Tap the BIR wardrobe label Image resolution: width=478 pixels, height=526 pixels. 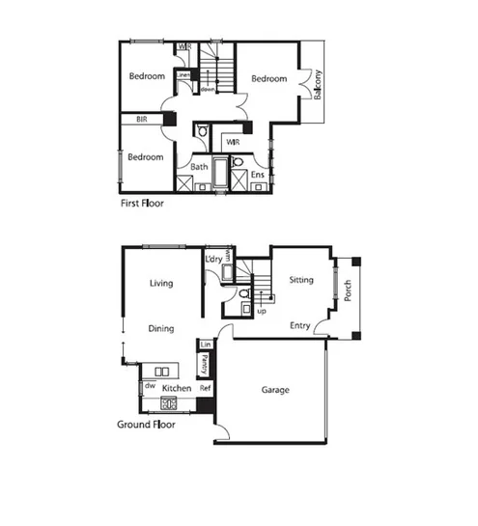pos(141,120)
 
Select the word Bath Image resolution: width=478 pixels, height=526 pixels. pos(199,167)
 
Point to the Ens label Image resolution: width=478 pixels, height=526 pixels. pos(258,175)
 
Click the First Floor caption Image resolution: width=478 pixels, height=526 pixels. pos(141,205)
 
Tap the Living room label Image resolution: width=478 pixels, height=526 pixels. pos(160,283)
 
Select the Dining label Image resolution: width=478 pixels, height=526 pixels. pos(160,328)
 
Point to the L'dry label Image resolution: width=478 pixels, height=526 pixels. pos(212,260)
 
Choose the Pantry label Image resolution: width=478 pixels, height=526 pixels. pos(205,366)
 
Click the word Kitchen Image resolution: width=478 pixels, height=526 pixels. pos(177,387)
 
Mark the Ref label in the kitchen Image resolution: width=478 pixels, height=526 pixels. pos(205,388)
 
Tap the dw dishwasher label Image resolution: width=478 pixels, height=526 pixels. pos(150,385)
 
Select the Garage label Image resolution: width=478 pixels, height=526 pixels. pos(276,390)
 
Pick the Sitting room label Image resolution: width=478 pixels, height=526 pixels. pos(301,280)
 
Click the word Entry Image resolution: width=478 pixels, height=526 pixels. pos(300,325)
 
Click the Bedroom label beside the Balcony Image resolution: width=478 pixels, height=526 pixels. pos(269,79)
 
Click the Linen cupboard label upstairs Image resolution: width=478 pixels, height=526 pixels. pos(182,74)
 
